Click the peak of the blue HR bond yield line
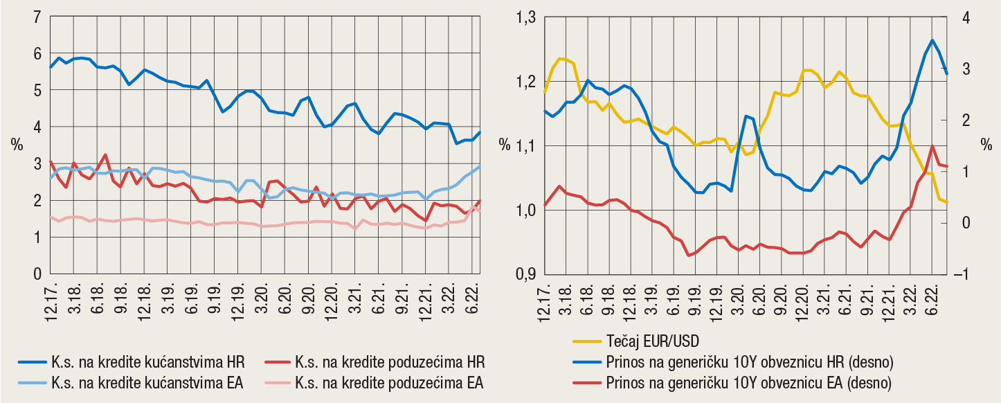(x=932, y=40)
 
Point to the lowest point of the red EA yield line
(x=688, y=256)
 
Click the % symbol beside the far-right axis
(x=986, y=145)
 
